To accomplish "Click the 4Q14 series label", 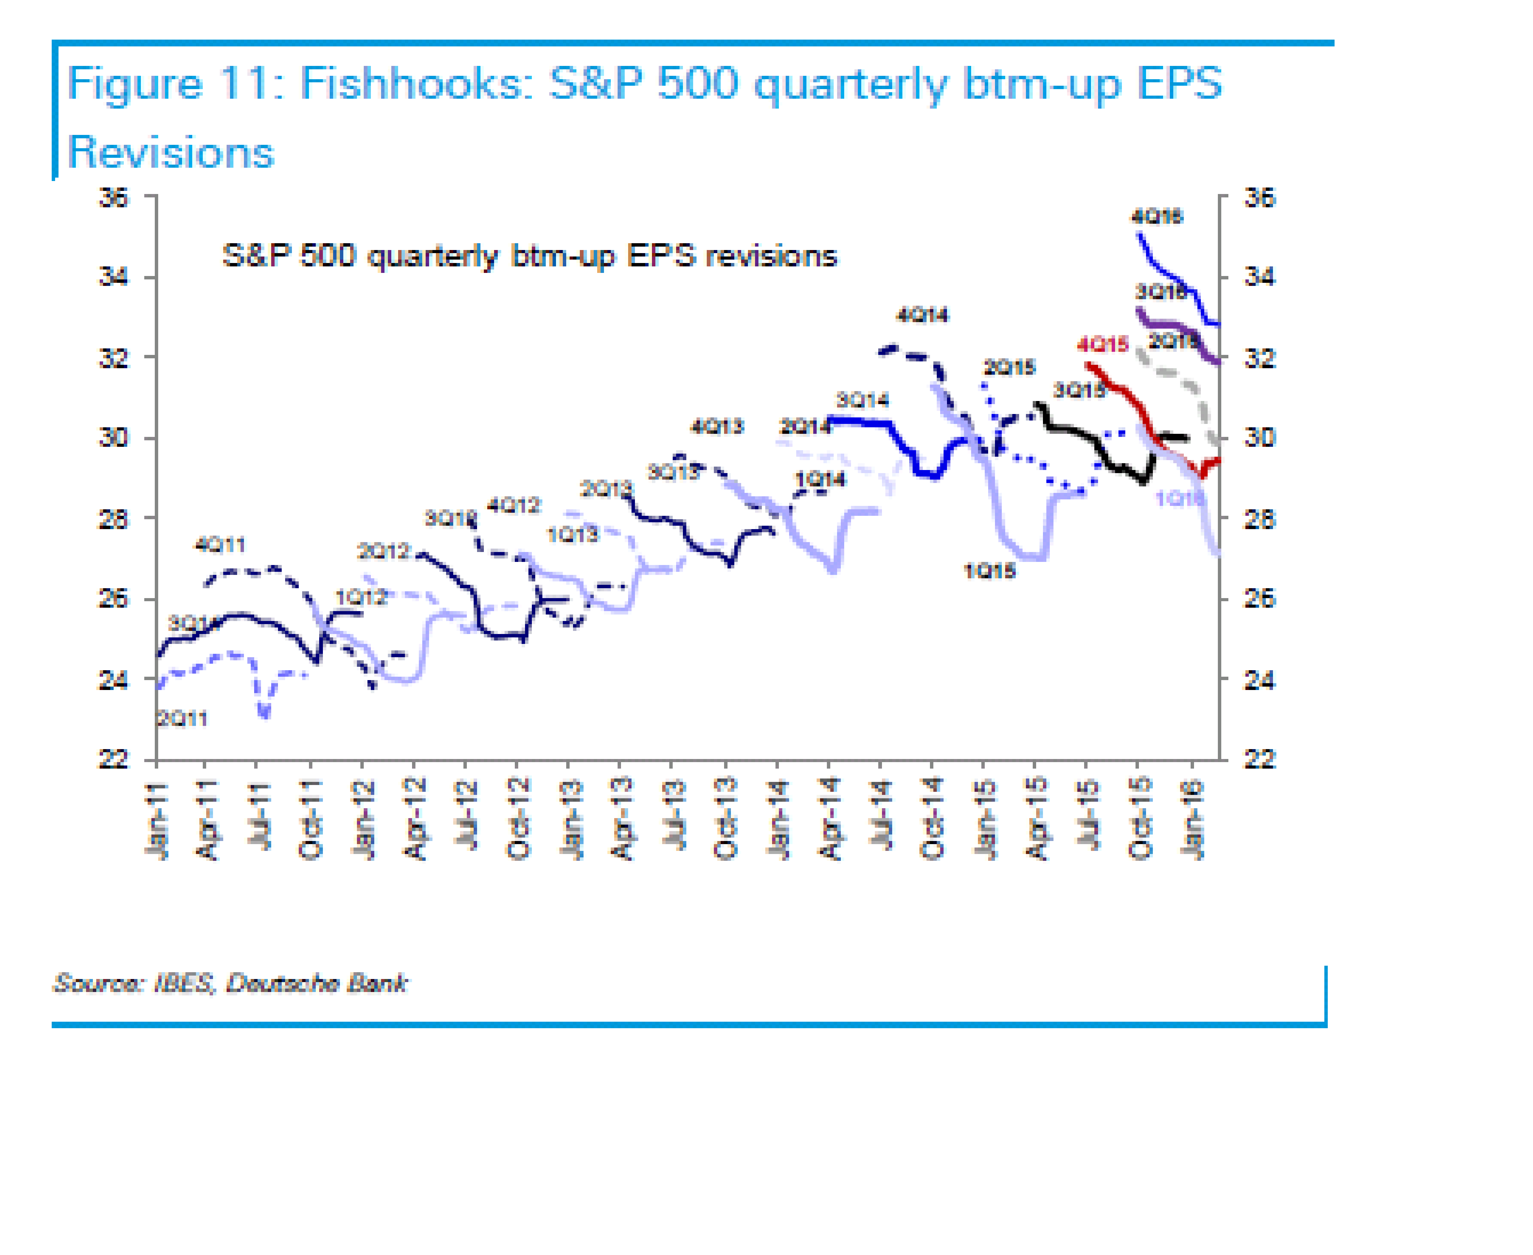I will pos(922,315).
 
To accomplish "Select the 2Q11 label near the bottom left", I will pos(182,718).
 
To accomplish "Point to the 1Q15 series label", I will pos(989,571).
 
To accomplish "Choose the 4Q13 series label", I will pos(717,426).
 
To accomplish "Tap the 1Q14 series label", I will pos(820,479).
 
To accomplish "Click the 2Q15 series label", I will pos(1009,367).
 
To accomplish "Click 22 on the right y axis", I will pos(1259,759).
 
